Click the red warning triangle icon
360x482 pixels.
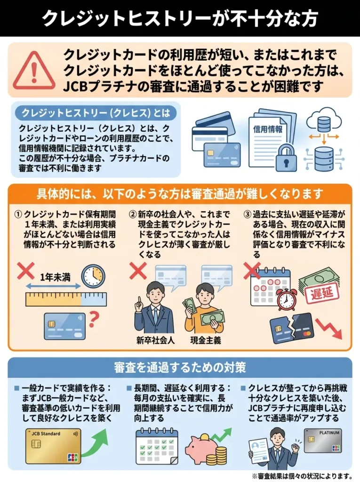pos(31,71)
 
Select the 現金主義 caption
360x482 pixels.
pos(205,339)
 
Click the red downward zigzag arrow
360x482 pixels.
pos(329,327)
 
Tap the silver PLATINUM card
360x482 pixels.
pos(322,440)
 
